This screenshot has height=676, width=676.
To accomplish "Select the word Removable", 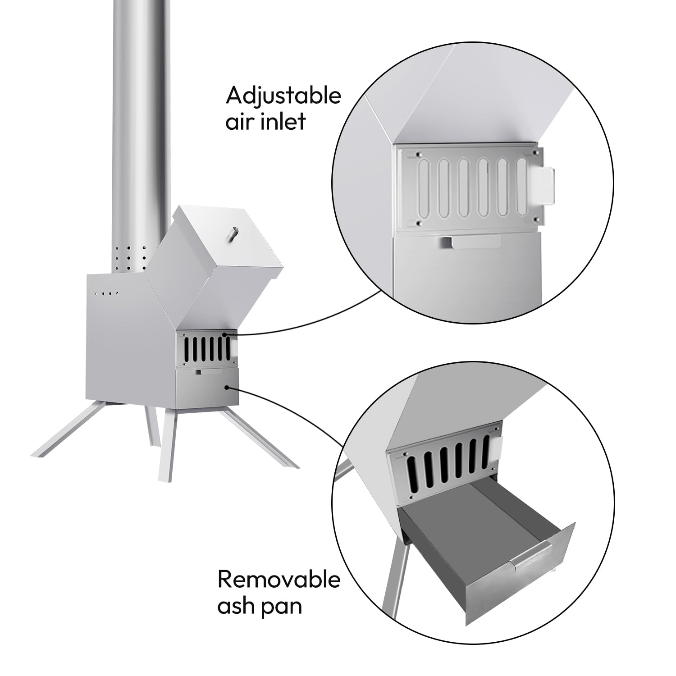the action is pos(279,580).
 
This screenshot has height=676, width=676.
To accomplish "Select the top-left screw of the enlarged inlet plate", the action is pos(419,154).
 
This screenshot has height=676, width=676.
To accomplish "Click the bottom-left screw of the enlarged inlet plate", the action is pos(419,223).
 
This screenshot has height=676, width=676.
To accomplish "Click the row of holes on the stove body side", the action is pos(107,293).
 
